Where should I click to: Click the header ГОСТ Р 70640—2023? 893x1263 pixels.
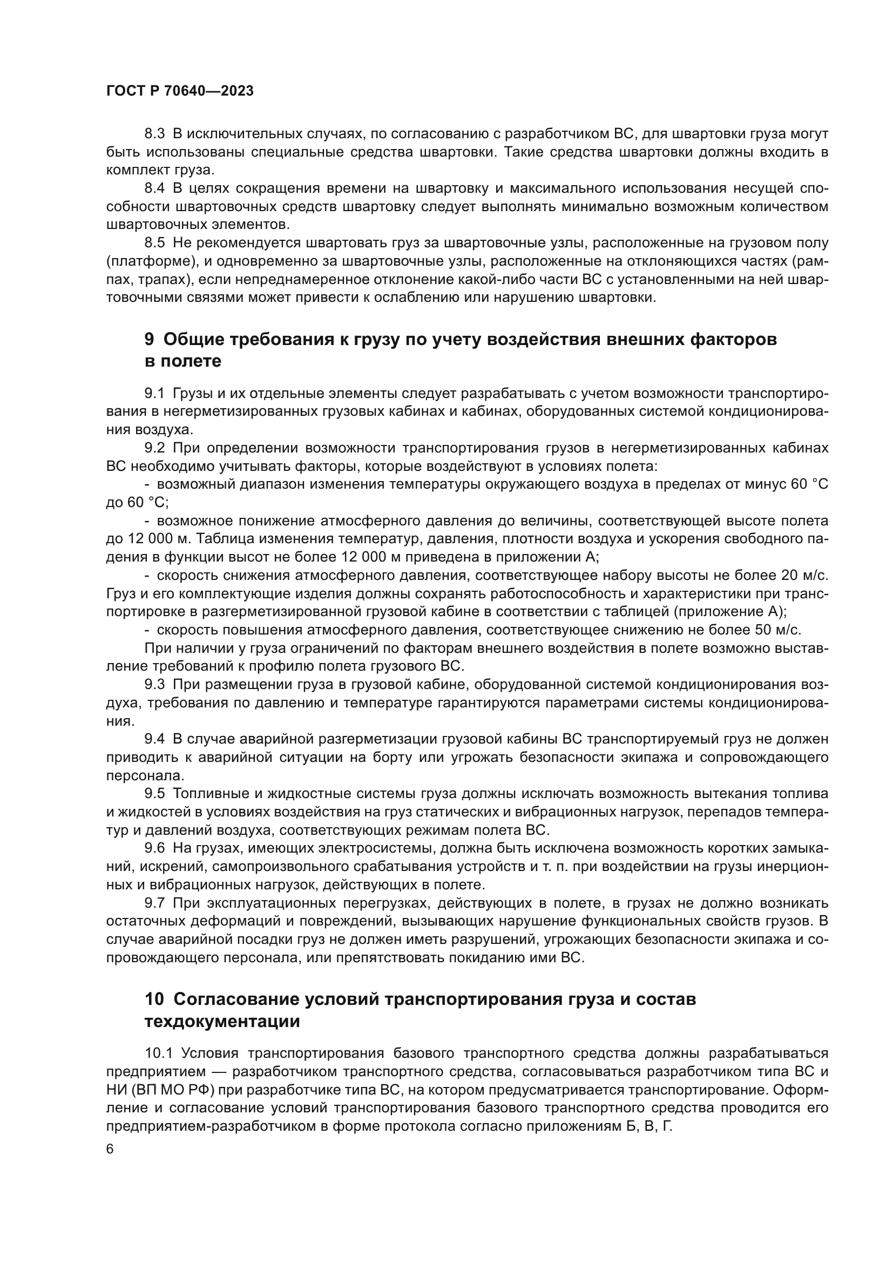tap(180, 91)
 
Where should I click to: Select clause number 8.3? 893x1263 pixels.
tap(154, 134)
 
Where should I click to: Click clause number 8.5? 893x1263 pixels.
tap(154, 242)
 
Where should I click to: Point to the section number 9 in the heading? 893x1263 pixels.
tap(149, 340)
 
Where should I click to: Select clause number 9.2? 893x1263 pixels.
tap(154, 448)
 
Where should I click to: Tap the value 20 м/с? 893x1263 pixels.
tap(804, 576)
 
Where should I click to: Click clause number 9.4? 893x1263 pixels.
tap(154, 739)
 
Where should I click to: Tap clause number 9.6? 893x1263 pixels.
tap(154, 848)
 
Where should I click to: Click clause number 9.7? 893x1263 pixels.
tap(154, 903)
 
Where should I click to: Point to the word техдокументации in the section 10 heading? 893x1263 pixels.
tap(222, 1022)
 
